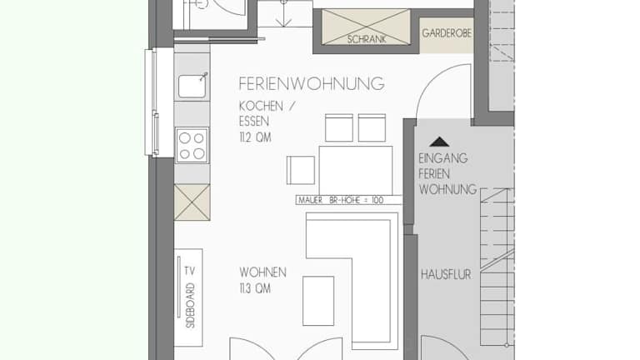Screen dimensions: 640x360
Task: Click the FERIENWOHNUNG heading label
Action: coord(312,83)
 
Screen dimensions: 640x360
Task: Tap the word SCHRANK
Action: coord(367,39)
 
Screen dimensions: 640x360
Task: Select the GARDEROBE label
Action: coord(447,33)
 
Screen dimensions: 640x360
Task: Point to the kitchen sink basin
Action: coord(192,87)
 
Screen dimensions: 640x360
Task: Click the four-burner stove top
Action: coord(192,145)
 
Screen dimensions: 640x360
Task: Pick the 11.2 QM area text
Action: coord(256,137)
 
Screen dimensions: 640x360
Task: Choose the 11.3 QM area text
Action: coord(255,288)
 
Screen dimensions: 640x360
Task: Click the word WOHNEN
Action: coord(262,272)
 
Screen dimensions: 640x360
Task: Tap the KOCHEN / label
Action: coord(267,106)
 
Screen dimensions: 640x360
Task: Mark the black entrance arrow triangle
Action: coord(439,142)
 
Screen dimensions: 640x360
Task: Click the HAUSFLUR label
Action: coord(446,274)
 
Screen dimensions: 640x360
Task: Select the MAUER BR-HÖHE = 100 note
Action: coord(341,200)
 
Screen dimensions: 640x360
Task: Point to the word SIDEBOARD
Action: coord(191,305)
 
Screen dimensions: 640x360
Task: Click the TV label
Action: coord(189,271)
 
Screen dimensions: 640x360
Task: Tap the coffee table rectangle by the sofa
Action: coord(318,301)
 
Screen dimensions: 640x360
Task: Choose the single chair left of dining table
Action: coord(301,170)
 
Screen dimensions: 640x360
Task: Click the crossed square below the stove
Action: coord(192,202)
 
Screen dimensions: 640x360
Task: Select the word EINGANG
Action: coord(442,158)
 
